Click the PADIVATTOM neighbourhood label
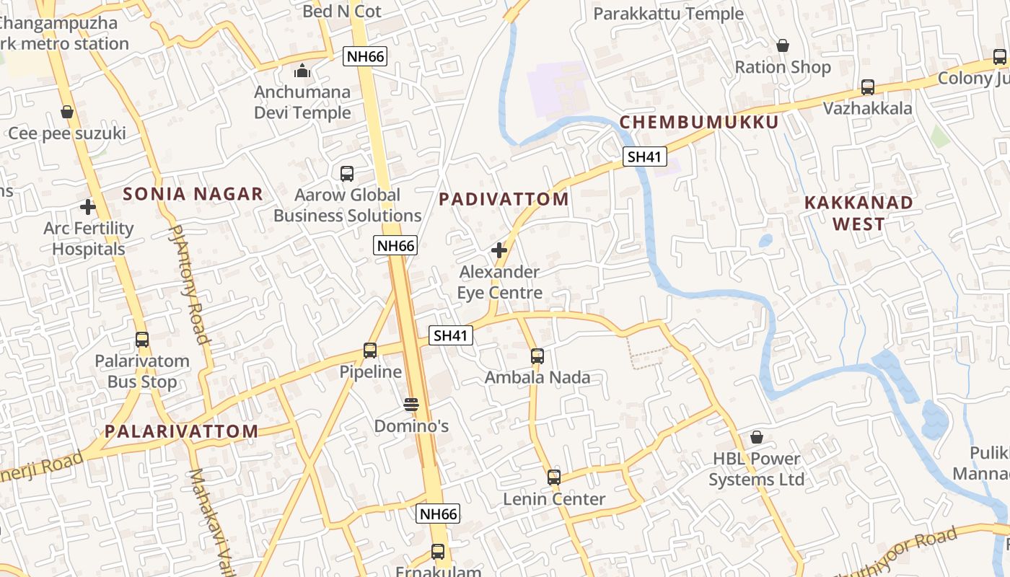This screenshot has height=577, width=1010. tap(504, 199)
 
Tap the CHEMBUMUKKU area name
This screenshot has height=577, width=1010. tap(699, 122)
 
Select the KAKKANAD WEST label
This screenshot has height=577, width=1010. tap(858, 213)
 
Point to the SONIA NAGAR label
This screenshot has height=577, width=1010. tap(193, 193)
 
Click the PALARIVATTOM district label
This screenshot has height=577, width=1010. tap(181, 431)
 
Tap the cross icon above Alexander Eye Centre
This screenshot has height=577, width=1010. tap(499, 250)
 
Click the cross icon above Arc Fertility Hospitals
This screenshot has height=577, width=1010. tap(88, 207)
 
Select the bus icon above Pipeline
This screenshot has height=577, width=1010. tap(370, 351)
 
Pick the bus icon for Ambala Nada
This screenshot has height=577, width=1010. tap(537, 356)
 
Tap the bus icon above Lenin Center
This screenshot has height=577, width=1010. tap(554, 477)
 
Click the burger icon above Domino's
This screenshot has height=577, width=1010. tap(411, 405)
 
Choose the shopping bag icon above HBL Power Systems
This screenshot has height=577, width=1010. tap(757, 437)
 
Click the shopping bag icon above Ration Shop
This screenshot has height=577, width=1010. tap(783, 46)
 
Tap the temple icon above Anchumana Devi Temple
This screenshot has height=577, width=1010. tap(302, 71)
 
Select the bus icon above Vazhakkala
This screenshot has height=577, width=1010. tap(868, 87)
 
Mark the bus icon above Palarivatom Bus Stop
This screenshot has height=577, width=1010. tap(142, 340)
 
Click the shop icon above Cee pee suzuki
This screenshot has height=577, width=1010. tap(67, 112)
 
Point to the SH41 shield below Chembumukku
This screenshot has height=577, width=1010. tap(645, 157)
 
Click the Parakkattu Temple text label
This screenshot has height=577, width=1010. tap(668, 14)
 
